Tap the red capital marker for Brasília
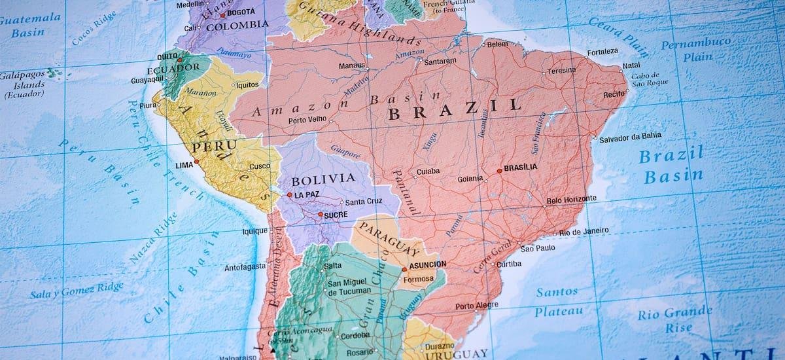pos(500,170)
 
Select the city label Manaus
pos(352,65)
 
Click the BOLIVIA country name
pos(323,179)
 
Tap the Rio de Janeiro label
pos(584,231)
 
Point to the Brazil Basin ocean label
pos(672,166)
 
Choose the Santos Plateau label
pos(557,301)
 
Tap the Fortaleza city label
pos(602,52)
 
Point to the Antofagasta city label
pos(245,266)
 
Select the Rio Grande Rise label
pos(674,319)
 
